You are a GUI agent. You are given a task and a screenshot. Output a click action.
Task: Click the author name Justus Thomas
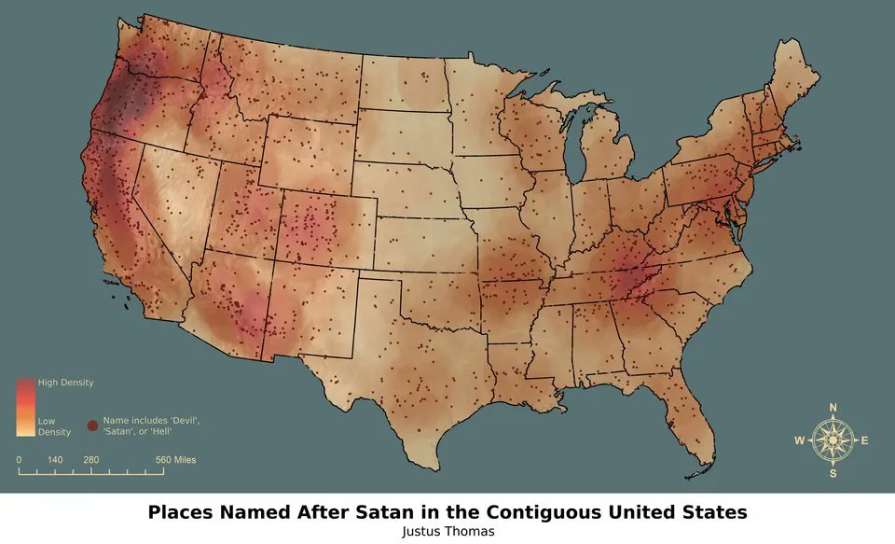447,532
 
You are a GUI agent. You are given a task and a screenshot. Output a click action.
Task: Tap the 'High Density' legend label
65,383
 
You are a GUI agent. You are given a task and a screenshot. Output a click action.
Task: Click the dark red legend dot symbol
92,425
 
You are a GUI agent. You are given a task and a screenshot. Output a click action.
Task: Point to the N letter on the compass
832,408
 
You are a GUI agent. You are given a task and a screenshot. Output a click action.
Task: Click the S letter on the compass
832,473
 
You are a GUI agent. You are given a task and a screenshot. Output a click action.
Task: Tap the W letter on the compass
799,440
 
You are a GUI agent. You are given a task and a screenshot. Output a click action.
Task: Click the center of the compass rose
832,440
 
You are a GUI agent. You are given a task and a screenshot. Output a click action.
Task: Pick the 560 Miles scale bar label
175,460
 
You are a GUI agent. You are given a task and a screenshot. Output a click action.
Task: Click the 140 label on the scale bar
55,460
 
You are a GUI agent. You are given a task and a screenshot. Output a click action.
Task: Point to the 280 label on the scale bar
90,460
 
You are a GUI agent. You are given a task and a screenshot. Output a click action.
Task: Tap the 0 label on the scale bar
20,460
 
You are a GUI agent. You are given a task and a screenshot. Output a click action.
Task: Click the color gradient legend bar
25,408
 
